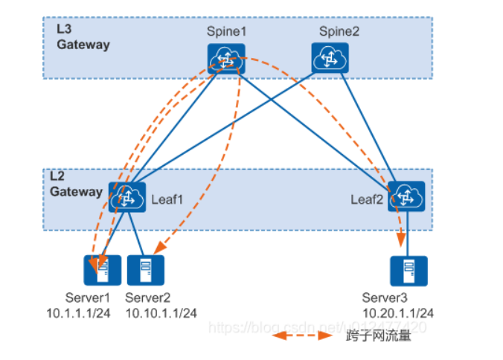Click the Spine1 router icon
[226, 59]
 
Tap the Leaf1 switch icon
[126, 198]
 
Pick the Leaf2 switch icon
[406, 197]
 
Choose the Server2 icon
[144, 271]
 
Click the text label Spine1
[225, 31]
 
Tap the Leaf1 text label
[167, 200]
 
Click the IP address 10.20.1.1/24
[398, 313]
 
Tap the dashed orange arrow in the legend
[301, 335]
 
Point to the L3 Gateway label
[83, 37]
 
